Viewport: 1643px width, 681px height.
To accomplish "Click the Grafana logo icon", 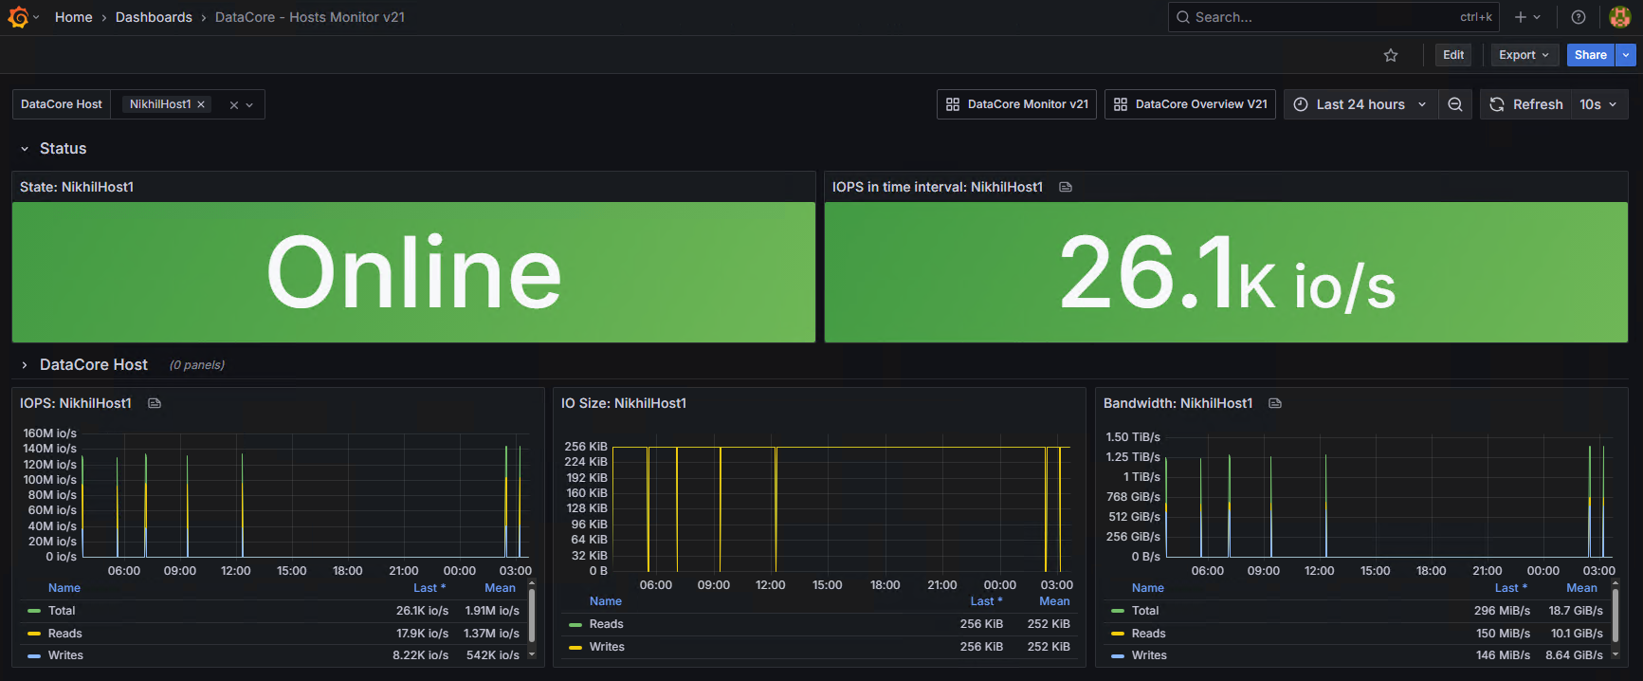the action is coord(18,17).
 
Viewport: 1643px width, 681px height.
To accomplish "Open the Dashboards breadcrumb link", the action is coord(154,17).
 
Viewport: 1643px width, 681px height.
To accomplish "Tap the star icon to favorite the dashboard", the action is coord(1391,55).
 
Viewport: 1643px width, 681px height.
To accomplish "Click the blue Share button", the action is coord(1590,55).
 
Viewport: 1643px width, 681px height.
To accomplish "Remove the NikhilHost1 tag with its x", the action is coord(201,104).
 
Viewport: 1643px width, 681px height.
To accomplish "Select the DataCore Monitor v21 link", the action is coord(1016,104).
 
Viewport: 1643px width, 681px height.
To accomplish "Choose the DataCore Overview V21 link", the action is coord(1190,104).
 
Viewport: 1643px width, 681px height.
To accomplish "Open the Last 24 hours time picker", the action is coord(1360,104).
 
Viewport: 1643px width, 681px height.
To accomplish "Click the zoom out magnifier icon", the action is coord(1455,104).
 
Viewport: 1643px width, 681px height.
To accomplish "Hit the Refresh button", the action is coord(1525,104).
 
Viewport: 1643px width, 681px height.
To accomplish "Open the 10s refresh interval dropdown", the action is coord(1599,104).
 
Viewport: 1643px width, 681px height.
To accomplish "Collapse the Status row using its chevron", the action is coord(25,149).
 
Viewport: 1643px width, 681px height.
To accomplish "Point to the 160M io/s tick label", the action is coord(50,433).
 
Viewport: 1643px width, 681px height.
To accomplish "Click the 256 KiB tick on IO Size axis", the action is coord(586,447).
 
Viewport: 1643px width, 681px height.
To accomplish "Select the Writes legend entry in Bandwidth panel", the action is coord(1149,655).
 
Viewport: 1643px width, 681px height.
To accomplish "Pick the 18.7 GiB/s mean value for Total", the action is coord(1576,611).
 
